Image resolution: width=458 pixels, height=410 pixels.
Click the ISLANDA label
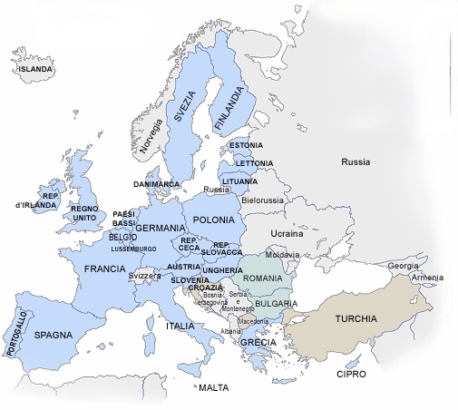tap(34, 69)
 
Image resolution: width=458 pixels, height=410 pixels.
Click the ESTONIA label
tap(246, 145)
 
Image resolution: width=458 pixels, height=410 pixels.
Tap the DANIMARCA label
tap(156, 183)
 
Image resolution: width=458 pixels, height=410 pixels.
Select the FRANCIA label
tap(104, 269)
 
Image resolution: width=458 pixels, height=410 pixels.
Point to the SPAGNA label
tap(53, 336)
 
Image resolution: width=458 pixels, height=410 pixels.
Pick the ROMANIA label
tap(264, 277)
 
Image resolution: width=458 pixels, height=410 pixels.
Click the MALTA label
tap(214, 387)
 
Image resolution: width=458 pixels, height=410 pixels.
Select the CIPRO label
tap(351, 374)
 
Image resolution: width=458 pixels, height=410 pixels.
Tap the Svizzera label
tap(145, 276)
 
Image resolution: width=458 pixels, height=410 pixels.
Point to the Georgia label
tap(403, 266)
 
